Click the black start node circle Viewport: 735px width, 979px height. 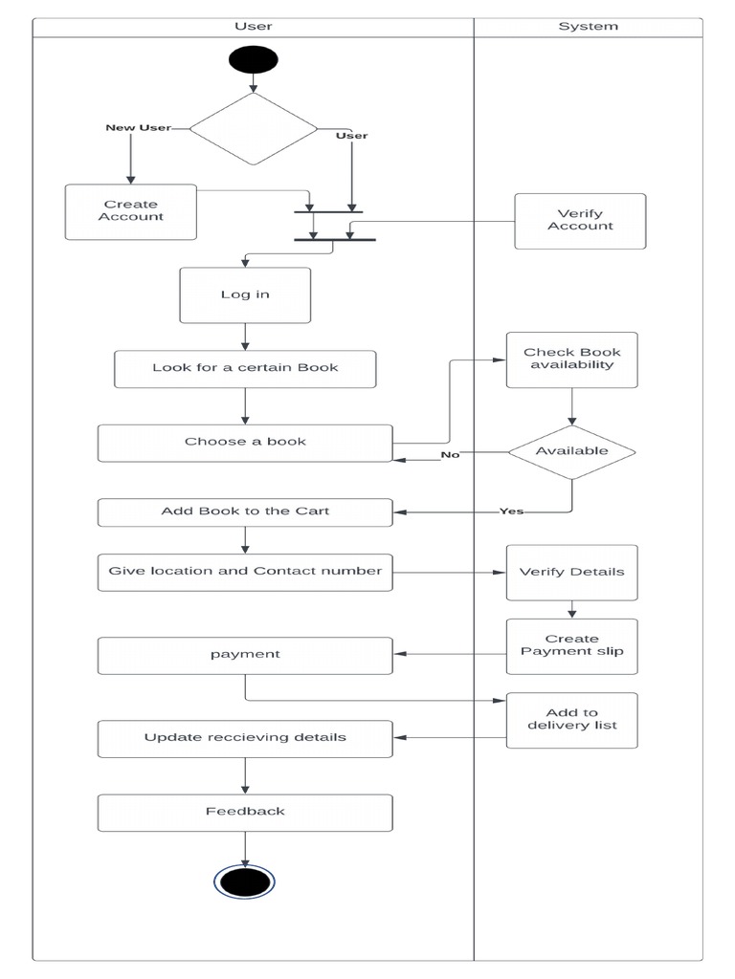253,59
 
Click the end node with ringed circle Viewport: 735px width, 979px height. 244,881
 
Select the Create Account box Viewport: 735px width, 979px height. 131,211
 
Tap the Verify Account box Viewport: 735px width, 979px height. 580,221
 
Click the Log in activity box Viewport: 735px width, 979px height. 245,294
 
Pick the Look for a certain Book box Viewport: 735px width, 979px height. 245,368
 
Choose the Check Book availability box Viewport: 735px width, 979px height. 571,359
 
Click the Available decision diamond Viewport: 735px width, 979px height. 571,451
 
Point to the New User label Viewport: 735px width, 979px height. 138,127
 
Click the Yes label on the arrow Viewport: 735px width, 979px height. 512,511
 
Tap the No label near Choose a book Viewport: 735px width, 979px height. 450,455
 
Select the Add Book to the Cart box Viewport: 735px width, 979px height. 245,511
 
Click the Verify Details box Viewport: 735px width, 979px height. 571,572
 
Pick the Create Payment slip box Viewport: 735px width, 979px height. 571,645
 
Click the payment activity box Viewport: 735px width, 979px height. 245,655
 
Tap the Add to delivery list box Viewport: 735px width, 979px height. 571,719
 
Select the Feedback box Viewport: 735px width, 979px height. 245,812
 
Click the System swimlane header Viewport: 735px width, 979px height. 588,27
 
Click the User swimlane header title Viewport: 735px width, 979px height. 253,27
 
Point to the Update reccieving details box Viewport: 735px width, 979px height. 245,738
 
